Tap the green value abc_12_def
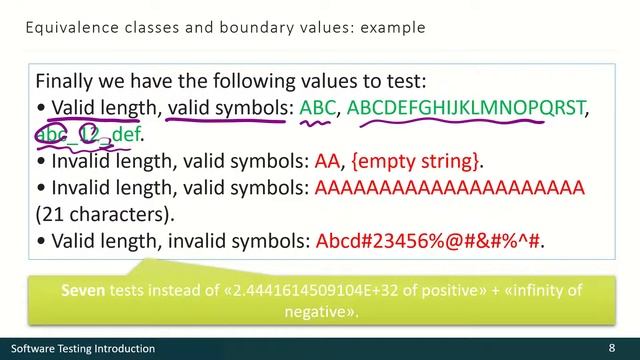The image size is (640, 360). click(x=89, y=134)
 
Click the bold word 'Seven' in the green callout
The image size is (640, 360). click(x=84, y=290)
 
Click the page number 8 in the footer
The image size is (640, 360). click(x=611, y=348)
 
